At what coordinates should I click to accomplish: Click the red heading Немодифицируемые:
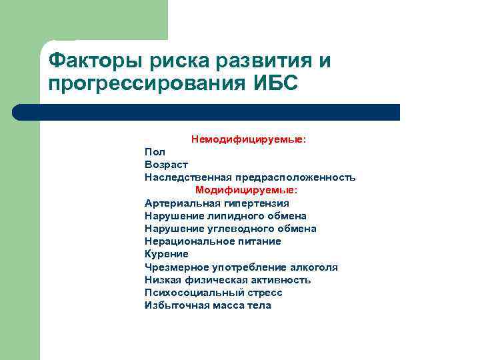tap(249, 139)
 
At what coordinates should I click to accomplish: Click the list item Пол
tap(155, 152)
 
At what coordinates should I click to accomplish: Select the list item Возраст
tap(166, 165)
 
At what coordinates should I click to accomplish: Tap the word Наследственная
tap(187, 177)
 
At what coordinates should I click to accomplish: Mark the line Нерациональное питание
tap(213, 241)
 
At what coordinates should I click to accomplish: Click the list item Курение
tap(167, 254)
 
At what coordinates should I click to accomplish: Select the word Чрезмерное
tap(175, 267)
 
